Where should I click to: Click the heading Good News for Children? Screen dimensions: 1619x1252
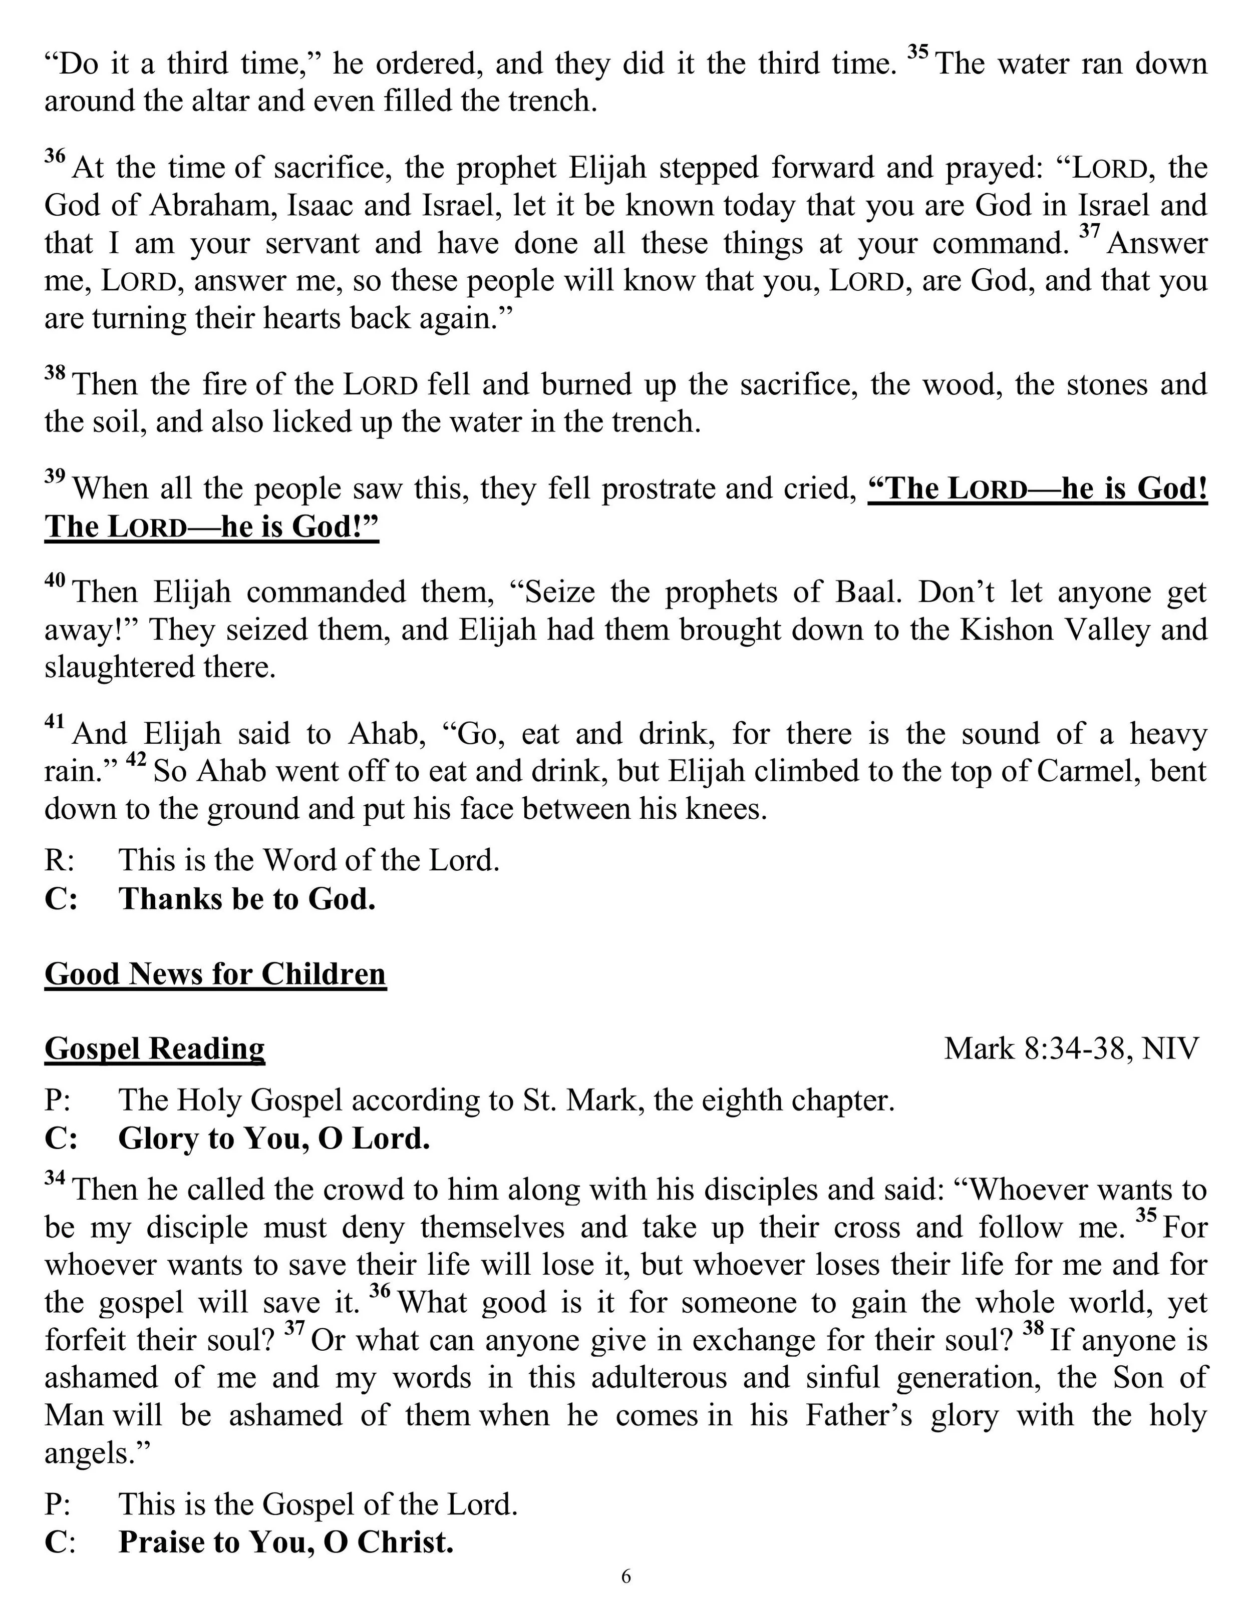click(x=215, y=974)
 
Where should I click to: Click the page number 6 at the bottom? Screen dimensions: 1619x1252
click(x=626, y=1597)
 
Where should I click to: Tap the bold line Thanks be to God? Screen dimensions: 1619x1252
click(x=247, y=899)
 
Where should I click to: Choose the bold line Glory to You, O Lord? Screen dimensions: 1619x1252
click(x=274, y=1139)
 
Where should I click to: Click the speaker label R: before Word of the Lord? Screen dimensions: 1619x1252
click(x=59, y=861)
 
